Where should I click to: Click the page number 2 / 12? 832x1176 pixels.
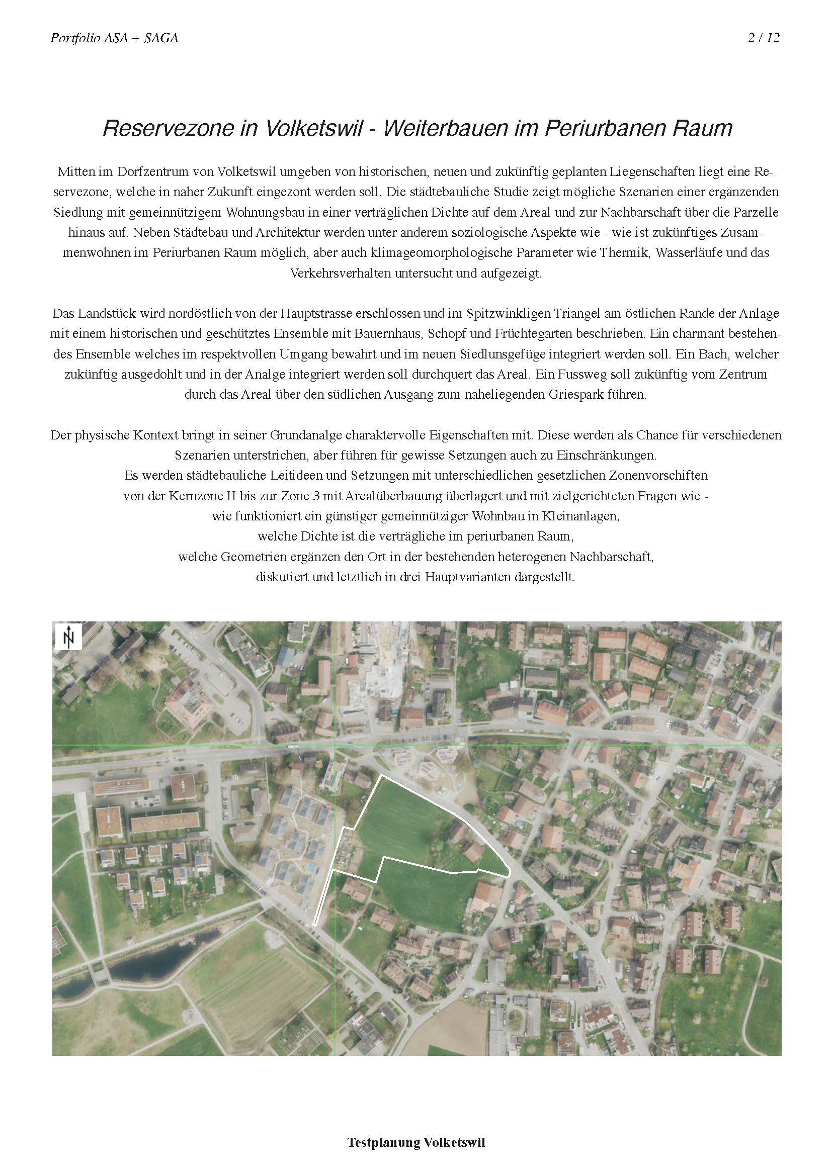click(764, 38)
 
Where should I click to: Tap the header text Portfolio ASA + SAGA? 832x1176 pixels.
click(114, 38)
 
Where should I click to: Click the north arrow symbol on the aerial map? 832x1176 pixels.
click(68, 637)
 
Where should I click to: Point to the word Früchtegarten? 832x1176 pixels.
click(519, 334)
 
